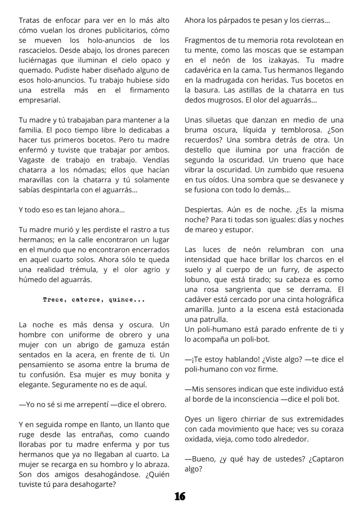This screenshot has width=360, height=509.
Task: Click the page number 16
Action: [x=180, y=496]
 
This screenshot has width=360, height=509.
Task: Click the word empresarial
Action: [x=39, y=100]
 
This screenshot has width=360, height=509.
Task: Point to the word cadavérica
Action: [x=203, y=70]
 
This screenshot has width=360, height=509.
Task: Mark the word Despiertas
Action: [x=203, y=210]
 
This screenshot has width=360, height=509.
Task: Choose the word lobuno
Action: [x=198, y=280]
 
